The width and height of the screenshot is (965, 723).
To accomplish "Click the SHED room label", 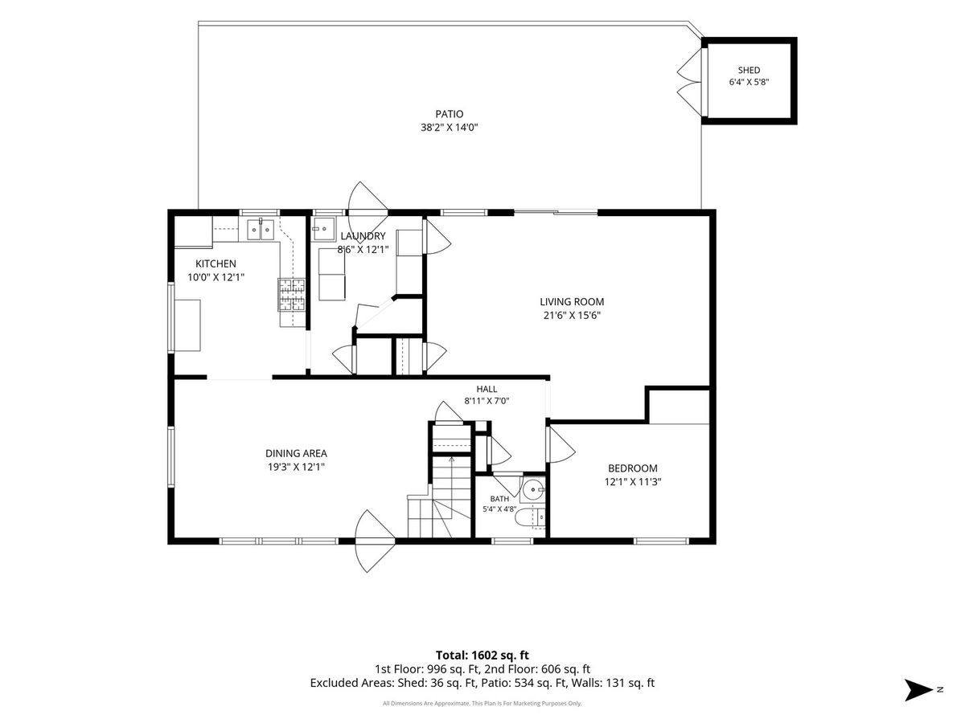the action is tap(749, 70).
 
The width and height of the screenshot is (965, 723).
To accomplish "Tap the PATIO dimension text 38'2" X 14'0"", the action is tap(449, 128).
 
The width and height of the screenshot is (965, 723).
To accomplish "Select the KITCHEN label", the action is tap(216, 263).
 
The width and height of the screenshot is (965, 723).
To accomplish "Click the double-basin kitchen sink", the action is tap(261, 230).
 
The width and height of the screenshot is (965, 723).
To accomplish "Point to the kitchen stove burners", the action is tap(291, 295).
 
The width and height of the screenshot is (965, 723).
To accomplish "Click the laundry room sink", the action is tap(323, 229).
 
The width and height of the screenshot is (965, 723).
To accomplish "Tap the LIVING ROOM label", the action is tap(572, 301).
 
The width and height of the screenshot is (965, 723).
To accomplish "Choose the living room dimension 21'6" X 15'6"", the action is tap(572, 315).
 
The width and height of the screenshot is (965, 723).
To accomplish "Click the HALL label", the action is tap(487, 389).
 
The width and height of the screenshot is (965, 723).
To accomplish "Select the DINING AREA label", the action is tap(296, 453).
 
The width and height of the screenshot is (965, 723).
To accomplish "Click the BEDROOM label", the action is tap(633, 468).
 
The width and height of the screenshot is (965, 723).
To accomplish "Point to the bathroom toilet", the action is tap(530, 518).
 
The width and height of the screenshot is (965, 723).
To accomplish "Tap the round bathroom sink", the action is tap(533, 489).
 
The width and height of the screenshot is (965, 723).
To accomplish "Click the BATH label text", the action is tap(499, 499).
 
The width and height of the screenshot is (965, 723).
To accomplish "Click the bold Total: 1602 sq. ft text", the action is tap(482, 668).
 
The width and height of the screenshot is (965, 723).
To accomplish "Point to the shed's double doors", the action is tap(690, 82).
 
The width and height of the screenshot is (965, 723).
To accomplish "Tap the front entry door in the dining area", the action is tap(375, 541).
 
